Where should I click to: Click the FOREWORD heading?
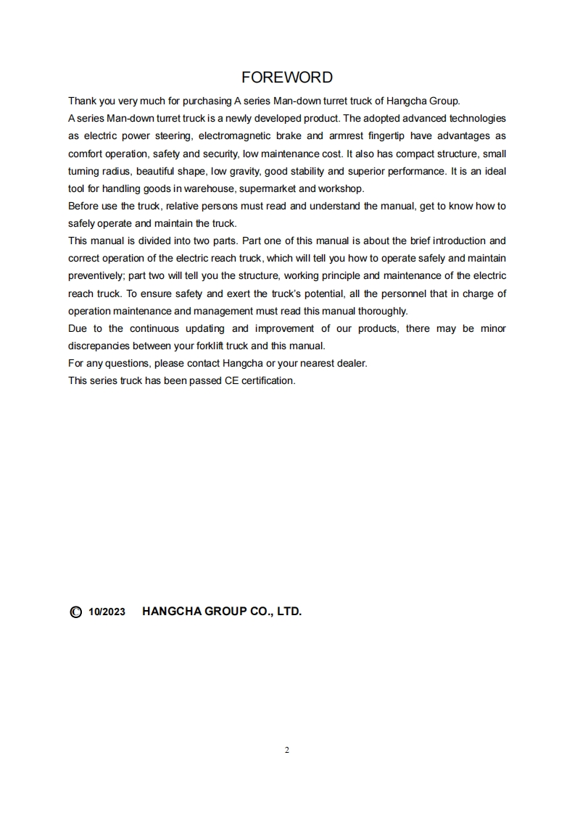(x=287, y=78)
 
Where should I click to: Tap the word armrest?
(x=336, y=135)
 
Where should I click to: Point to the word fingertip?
(x=384, y=135)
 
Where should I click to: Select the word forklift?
(x=207, y=346)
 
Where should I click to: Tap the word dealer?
(x=350, y=363)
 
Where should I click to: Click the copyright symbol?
(x=75, y=612)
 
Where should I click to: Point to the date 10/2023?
(x=107, y=612)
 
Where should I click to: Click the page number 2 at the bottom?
(x=287, y=750)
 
